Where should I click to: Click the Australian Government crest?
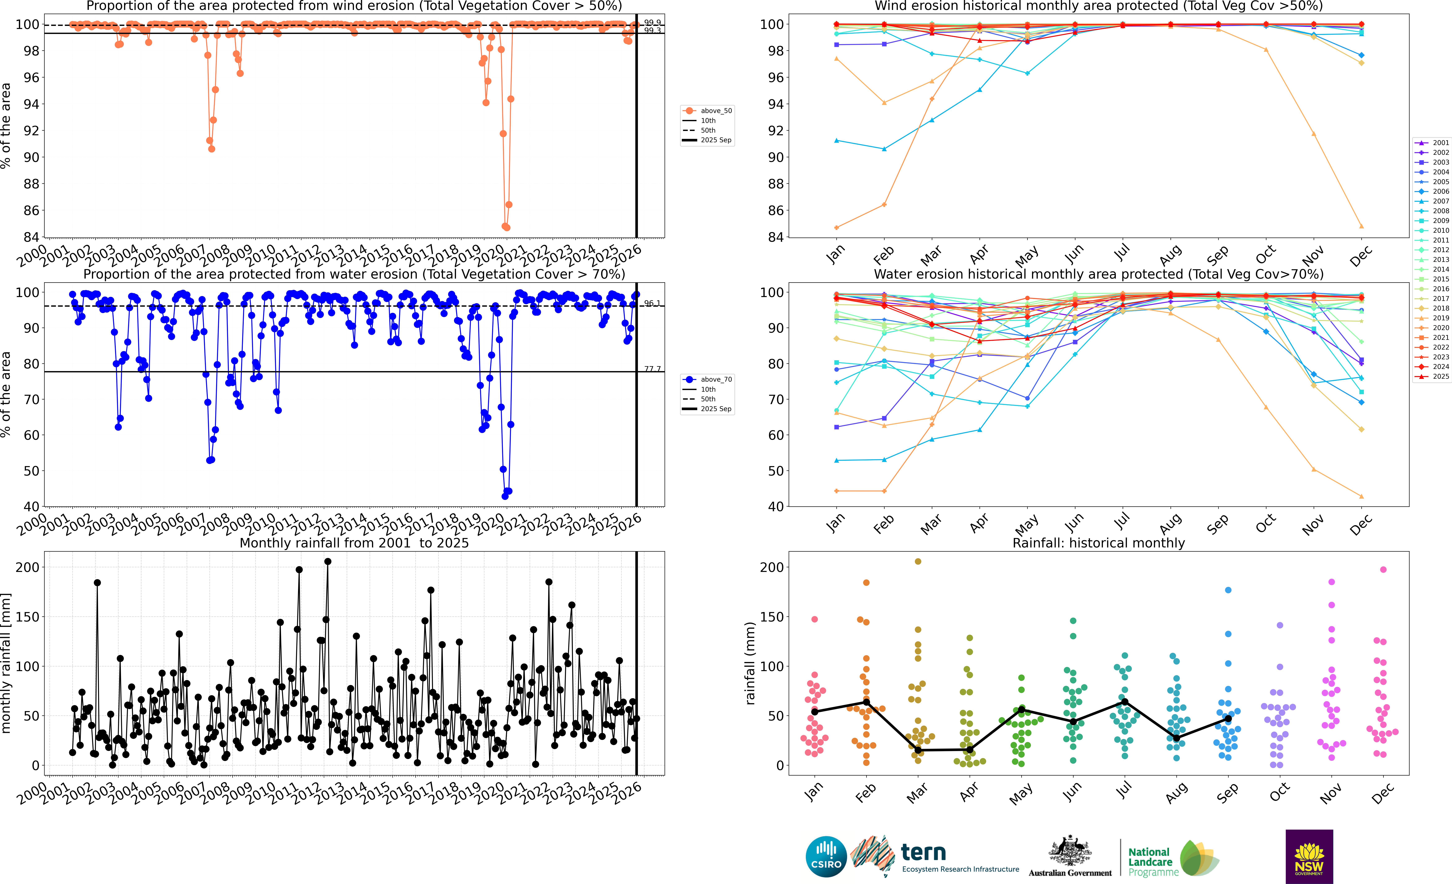[1070, 852]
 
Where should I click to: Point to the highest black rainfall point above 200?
[328, 562]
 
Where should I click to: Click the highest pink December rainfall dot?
[1383, 569]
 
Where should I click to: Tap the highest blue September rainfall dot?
[1228, 590]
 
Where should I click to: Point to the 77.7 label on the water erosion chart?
[652, 369]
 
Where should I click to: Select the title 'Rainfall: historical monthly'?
[1098, 543]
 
